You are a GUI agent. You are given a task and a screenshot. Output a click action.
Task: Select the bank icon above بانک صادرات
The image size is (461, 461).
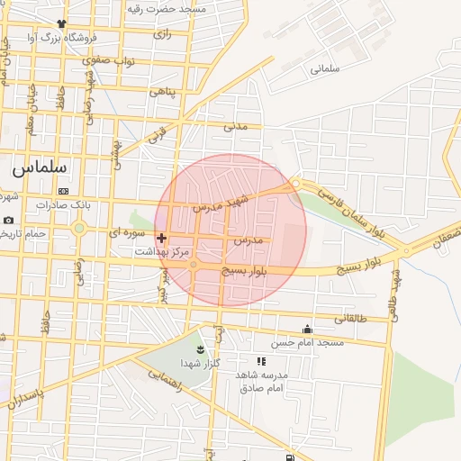[x=63, y=192]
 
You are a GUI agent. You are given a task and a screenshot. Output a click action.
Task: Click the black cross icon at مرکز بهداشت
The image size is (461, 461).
[x=161, y=239]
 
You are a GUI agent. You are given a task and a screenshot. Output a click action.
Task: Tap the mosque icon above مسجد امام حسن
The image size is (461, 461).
[x=308, y=330]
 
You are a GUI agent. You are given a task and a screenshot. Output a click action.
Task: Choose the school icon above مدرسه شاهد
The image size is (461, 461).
[x=261, y=361]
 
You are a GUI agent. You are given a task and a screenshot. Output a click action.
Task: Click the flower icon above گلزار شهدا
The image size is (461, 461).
[x=200, y=348]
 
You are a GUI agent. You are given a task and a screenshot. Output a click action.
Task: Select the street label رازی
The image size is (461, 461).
[x=162, y=34]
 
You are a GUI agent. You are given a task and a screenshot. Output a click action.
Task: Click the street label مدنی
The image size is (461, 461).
[x=235, y=126]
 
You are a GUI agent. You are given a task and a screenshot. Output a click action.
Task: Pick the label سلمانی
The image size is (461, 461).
[x=324, y=68]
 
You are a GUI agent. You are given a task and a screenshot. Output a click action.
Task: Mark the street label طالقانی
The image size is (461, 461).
[x=351, y=318]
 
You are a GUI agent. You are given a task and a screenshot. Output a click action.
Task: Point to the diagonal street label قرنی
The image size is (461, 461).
[x=157, y=139]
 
